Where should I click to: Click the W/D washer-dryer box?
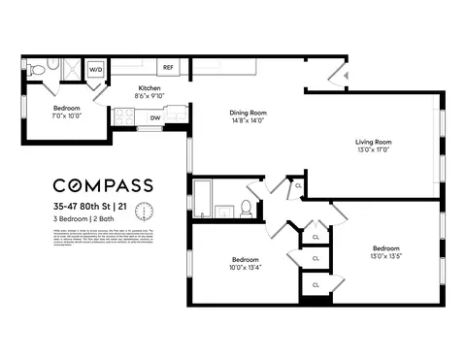[x=96, y=71]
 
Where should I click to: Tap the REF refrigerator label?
[x=168, y=69]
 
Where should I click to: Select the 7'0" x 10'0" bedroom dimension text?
[x=66, y=115]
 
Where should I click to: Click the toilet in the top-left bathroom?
[x=36, y=70]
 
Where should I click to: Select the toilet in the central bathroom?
[x=247, y=206]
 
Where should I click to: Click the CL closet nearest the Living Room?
[x=299, y=184]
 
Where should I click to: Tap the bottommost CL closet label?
[x=316, y=283]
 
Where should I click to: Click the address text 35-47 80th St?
[x=82, y=206]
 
